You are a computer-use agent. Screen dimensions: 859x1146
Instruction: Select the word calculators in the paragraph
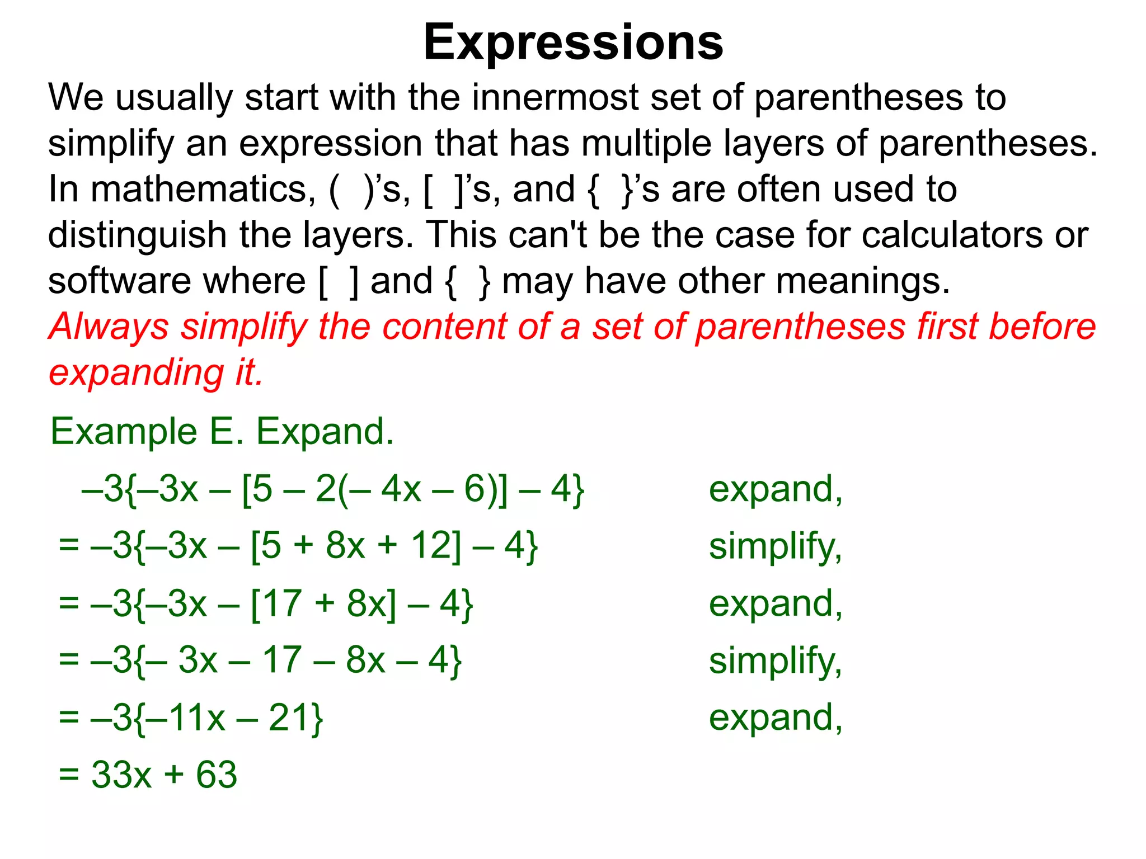click(x=952, y=235)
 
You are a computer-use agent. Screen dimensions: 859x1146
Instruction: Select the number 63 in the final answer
click(x=217, y=775)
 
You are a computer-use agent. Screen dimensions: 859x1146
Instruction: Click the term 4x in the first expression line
click(x=401, y=489)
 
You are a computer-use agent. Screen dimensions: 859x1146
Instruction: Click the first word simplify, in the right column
click(x=775, y=547)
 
